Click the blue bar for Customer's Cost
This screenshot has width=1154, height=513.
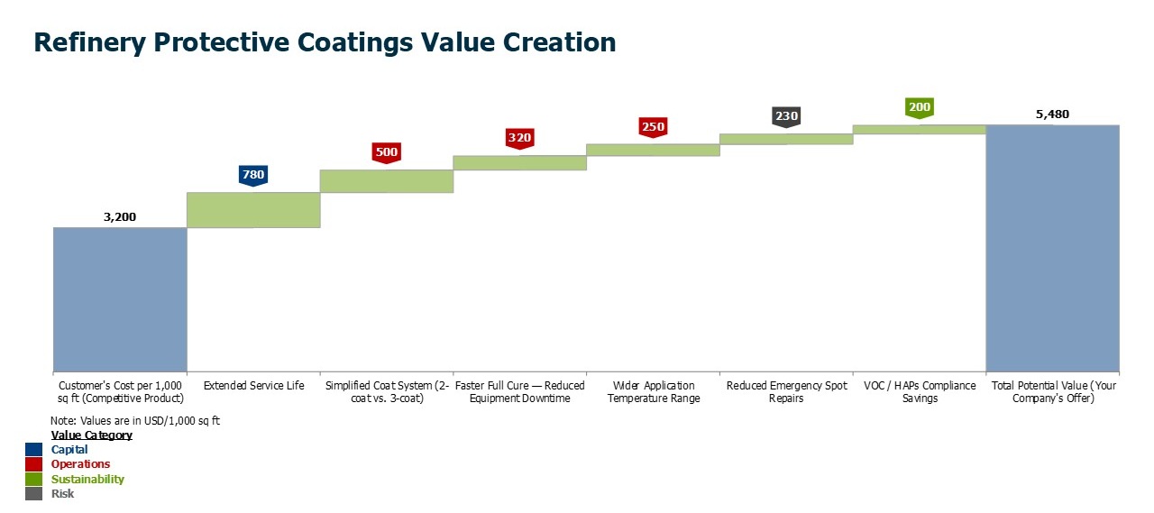(x=120, y=298)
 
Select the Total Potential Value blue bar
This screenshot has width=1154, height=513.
(x=1052, y=247)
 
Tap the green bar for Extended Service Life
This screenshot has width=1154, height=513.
(x=253, y=209)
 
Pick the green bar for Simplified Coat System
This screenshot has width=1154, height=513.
(x=386, y=180)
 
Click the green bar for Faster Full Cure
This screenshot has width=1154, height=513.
(x=519, y=162)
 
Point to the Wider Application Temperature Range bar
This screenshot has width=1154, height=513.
(x=653, y=150)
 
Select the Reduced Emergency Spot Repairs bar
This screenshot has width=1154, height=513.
(x=786, y=139)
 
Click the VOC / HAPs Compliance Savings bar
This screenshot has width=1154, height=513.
(x=919, y=129)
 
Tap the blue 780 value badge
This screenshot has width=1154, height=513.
(x=253, y=174)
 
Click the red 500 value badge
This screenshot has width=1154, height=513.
(x=386, y=151)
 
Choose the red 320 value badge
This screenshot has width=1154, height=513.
(x=519, y=138)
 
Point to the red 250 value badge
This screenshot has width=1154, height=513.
(x=653, y=127)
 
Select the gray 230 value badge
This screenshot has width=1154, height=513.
(x=786, y=116)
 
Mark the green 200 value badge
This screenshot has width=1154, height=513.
(x=919, y=107)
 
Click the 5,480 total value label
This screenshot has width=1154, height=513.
(x=1052, y=115)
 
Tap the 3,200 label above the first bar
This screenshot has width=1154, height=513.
(x=120, y=217)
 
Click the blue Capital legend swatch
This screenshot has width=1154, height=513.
(x=33, y=450)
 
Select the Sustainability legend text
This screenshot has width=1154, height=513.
(x=87, y=480)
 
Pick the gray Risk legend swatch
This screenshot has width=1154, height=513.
(x=33, y=494)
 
